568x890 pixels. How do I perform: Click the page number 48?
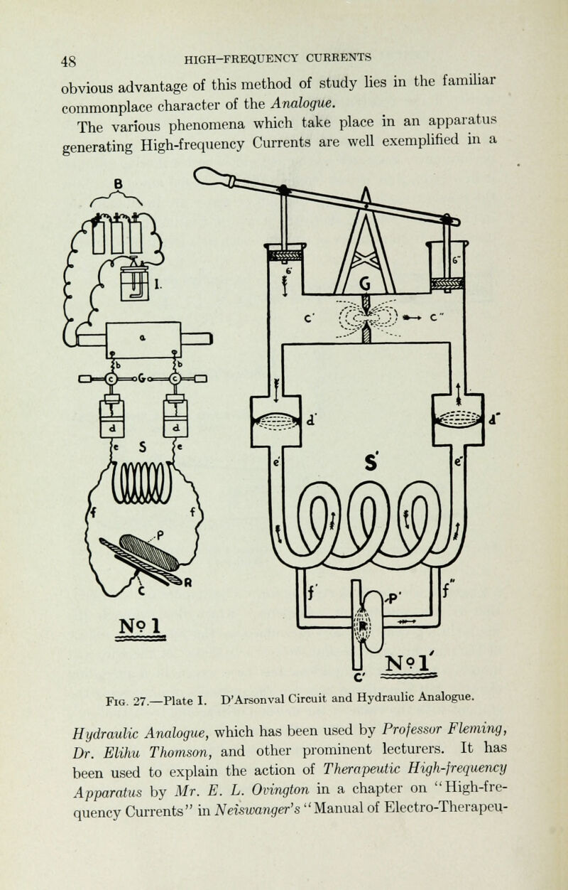[x=68, y=62]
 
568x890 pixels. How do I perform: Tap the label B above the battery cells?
[x=118, y=184]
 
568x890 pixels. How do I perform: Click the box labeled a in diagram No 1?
[x=143, y=340]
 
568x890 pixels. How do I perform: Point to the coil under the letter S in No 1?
[x=142, y=483]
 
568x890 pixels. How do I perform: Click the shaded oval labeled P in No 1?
[x=148, y=552]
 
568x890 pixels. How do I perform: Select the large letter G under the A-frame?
[x=365, y=284]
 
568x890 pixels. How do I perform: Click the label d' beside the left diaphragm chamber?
[x=311, y=419]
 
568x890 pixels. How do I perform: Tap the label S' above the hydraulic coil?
[x=371, y=463]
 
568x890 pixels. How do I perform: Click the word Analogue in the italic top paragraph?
[x=304, y=103]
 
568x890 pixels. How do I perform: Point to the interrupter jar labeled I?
[x=134, y=283]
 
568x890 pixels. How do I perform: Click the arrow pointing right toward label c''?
[x=412, y=318]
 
